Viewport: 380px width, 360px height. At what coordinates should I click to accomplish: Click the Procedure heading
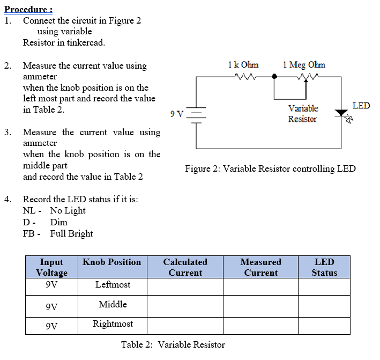coord(28,9)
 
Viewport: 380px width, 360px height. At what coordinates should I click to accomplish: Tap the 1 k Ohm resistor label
coord(243,65)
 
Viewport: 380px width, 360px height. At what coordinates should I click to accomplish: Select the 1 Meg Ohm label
coord(303,65)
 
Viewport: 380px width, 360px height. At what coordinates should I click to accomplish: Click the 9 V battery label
coord(176,114)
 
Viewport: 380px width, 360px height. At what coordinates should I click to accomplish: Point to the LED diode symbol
coord(341,113)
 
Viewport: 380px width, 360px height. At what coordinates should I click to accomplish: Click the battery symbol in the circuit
coord(197,114)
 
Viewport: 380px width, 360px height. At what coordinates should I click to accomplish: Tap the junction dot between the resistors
coord(274,77)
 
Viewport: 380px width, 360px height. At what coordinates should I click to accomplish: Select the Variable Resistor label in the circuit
coord(303,114)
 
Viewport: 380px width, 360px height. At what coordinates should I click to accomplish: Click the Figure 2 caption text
coord(270,169)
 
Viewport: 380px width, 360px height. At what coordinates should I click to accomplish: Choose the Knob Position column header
coord(111,262)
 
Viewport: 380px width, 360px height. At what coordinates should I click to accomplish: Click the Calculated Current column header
coord(185,267)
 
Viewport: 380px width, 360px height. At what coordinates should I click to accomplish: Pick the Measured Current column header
coord(260,267)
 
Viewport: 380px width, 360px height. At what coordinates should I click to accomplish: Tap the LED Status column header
coord(324,267)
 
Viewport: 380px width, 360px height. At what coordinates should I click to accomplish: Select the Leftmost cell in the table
coord(113,285)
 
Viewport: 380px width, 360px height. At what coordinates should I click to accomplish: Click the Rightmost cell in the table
coord(113,324)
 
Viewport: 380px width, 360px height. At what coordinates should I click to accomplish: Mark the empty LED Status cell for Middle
coord(324,305)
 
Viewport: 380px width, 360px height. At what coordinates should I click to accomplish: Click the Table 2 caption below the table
coord(173,344)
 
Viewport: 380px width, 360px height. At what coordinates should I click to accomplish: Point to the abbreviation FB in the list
coord(29,234)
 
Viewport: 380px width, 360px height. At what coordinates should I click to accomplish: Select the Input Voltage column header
coord(52,267)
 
